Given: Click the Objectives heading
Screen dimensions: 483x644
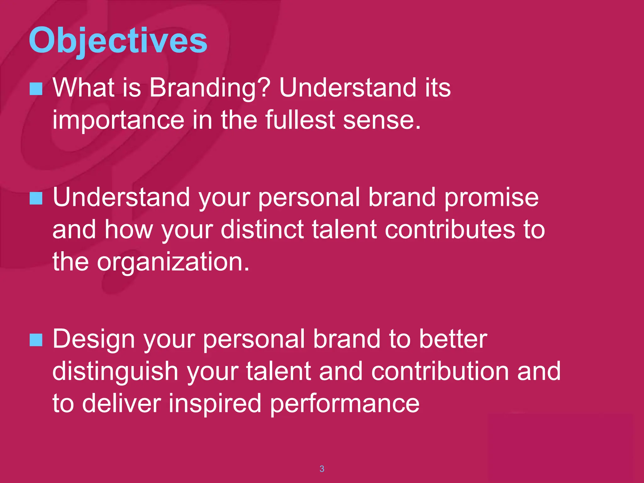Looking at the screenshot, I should click(118, 41).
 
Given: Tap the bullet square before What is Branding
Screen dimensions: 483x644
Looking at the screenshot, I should click(36, 89).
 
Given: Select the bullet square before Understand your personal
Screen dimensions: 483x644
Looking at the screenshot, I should click(36, 198).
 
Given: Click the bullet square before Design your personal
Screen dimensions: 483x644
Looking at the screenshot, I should click(36, 340).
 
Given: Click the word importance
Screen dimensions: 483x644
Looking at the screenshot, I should click(118, 120).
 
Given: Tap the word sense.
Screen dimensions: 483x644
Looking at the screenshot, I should click(381, 120).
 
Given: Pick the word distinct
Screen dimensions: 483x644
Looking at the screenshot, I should click(262, 230).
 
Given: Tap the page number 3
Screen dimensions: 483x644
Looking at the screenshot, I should click(322, 469).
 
